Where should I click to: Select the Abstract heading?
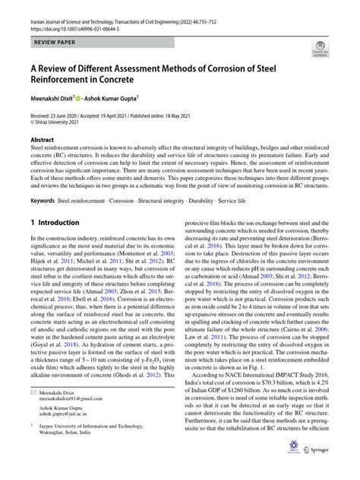tap(43, 141)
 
